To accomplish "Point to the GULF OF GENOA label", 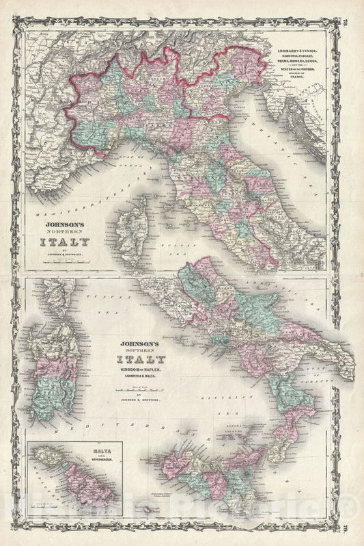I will tap(130, 158).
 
